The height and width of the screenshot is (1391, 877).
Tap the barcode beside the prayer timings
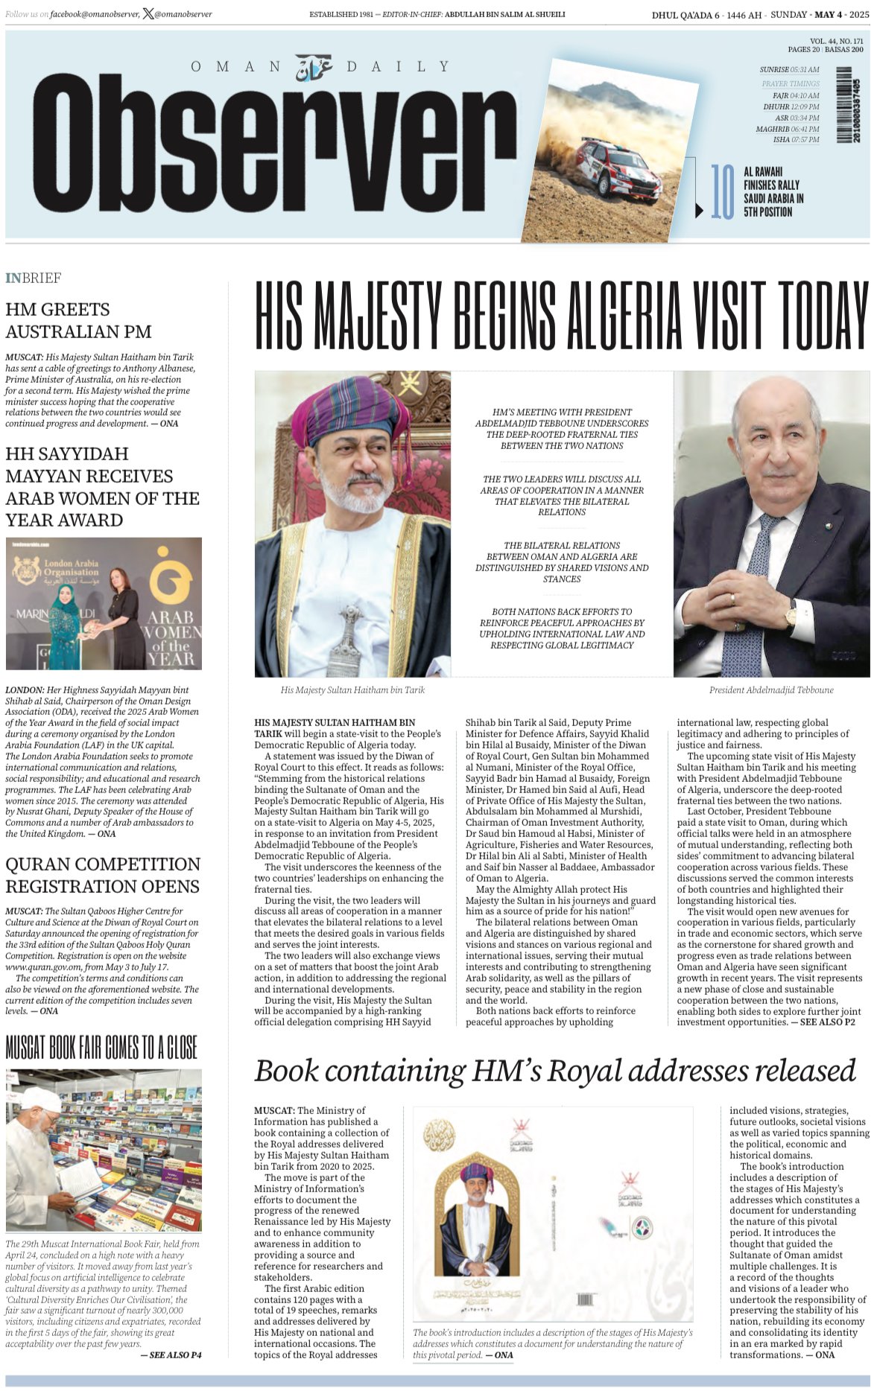pos(845,105)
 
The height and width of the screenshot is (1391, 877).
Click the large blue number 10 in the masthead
pos(722,192)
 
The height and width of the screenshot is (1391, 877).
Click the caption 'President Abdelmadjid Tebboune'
pos(770,690)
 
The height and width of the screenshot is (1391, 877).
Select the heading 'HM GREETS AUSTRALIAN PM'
pos(78,320)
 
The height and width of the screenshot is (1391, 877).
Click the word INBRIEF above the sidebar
pos(33,278)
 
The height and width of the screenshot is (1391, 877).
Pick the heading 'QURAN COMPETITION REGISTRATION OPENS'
pos(103,875)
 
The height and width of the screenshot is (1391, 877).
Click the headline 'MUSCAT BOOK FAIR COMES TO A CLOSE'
pos(101,1048)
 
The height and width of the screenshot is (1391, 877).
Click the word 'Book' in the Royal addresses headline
pos(286,1071)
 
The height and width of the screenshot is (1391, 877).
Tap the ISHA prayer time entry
pos(796,139)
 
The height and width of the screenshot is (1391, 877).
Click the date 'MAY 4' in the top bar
pos(829,15)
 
